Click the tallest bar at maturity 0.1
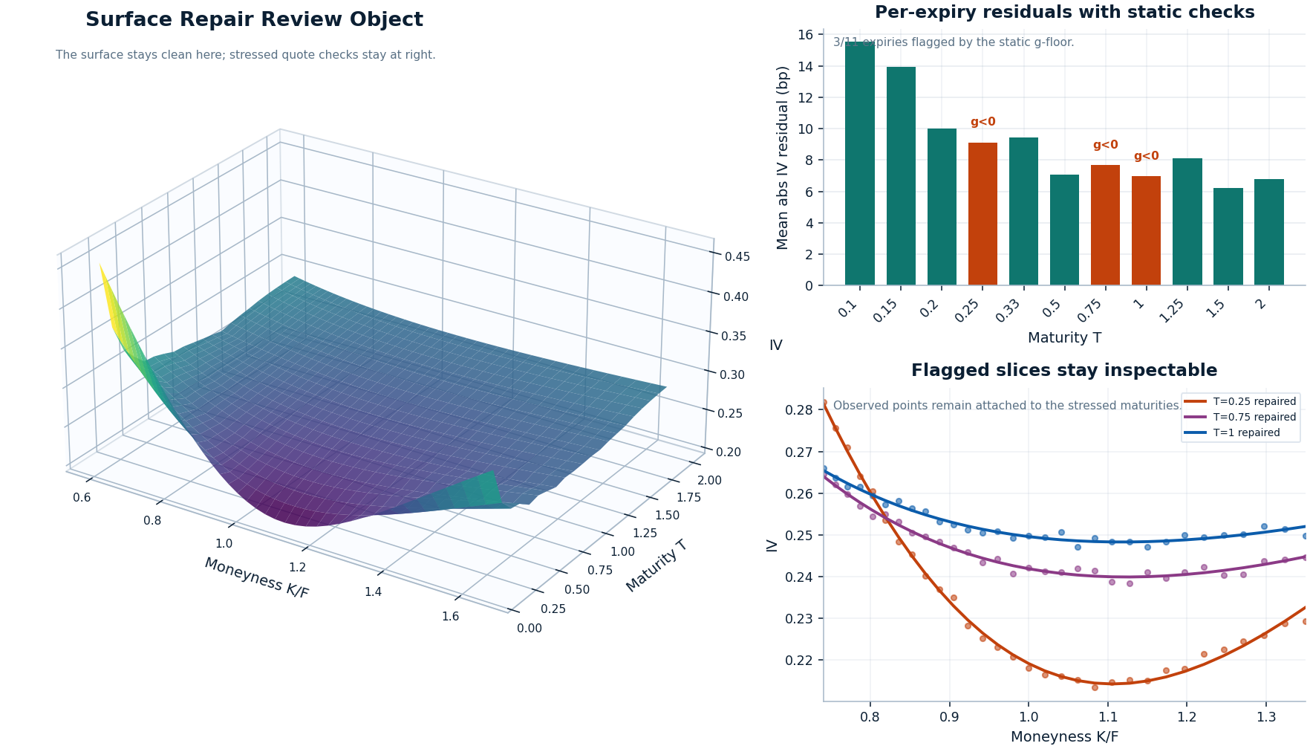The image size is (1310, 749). click(860, 163)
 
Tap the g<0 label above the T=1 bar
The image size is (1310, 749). click(1146, 156)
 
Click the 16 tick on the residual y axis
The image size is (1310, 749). click(805, 35)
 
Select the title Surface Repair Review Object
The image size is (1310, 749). click(254, 20)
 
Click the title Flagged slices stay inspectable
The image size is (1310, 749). click(1063, 370)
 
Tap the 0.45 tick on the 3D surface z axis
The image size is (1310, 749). click(737, 257)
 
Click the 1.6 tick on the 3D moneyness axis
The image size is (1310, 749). click(450, 616)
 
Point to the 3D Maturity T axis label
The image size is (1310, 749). click(656, 566)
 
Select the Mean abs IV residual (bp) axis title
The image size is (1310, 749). click(783, 158)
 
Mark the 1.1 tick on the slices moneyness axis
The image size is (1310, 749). click(1107, 717)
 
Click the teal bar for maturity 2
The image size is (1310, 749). click(1268, 232)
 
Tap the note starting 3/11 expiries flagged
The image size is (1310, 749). click(953, 42)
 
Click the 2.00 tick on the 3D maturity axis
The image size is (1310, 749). click(709, 481)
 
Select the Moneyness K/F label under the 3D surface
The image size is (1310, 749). click(256, 577)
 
